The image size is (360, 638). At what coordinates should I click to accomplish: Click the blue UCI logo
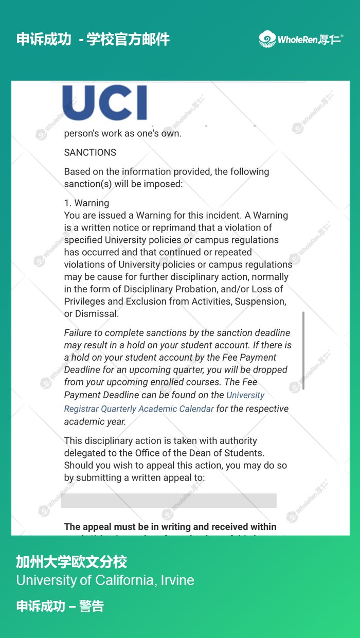click(x=105, y=103)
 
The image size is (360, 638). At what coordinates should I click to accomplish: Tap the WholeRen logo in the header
click(x=301, y=39)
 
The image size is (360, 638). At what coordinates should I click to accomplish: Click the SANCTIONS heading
click(x=90, y=152)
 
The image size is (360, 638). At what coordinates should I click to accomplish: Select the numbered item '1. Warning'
click(x=86, y=203)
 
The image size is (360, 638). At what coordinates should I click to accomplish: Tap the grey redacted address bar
click(x=169, y=501)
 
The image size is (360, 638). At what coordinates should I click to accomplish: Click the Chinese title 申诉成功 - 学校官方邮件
click(x=93, y=39)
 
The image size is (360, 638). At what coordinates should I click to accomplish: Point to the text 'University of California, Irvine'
click(x=105, y=580)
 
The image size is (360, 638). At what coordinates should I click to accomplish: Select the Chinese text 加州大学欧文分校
click(x=71, y=561)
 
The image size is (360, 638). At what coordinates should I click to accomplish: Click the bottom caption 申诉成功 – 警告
click(x=60, y=606)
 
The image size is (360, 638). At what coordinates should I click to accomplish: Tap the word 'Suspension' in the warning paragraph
click(x=260, y=302)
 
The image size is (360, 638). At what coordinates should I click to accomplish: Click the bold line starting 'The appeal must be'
click(x=170, y=527)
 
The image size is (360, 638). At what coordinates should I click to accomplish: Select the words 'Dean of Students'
click(x=231, y=453)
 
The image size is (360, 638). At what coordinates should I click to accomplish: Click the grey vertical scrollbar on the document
click(x=303, y=350)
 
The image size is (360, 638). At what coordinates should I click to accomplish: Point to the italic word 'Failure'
click(x=79, y=333)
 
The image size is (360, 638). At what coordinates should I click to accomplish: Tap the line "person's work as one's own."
click(x=122, y=134)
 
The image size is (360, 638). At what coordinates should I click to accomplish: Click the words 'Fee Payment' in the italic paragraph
click(x=251, y=358)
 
